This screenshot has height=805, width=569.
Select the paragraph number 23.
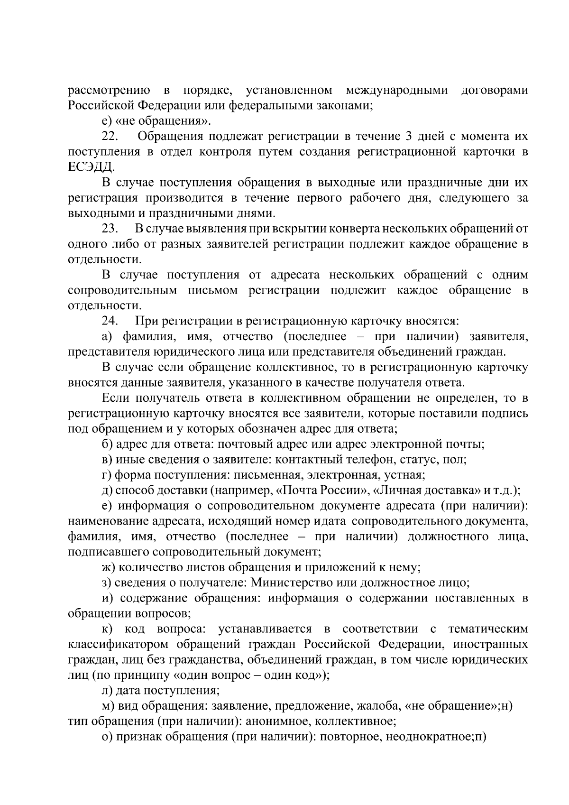[110, 229]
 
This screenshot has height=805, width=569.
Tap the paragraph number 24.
[111, 321]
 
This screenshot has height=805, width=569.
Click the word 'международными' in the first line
[397, 90]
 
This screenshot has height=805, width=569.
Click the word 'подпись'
[505, 414]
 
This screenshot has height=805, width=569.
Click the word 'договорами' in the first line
[495, 90]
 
